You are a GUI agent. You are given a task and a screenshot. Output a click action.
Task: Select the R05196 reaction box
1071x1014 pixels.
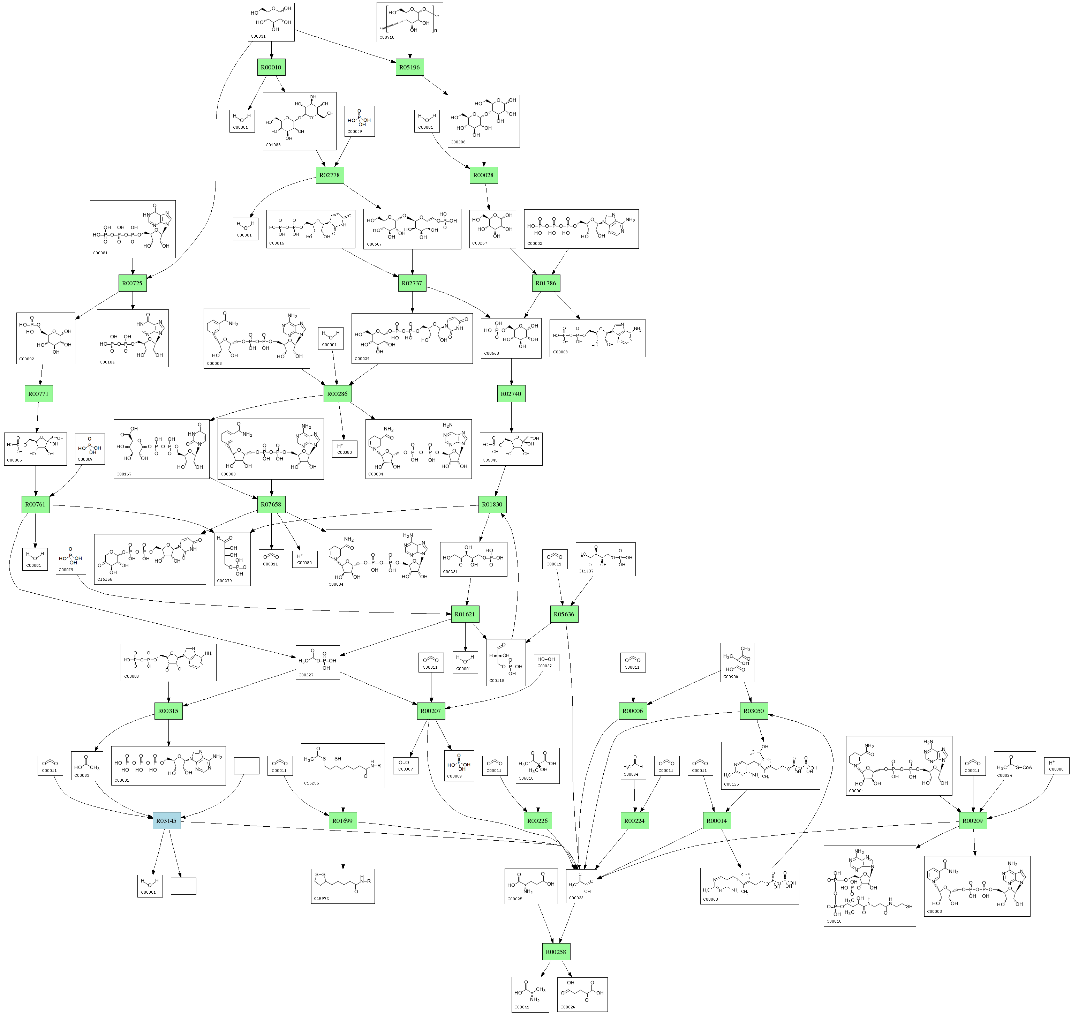click(409, 68)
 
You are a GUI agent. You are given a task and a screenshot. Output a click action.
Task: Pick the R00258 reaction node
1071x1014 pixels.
click(556, 952)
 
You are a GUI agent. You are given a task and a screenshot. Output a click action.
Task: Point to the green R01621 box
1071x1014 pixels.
click(465, 615)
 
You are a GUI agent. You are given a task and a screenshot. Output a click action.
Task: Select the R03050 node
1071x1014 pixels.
click(753, 711)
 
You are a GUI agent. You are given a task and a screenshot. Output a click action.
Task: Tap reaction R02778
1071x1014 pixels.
click(330, 175)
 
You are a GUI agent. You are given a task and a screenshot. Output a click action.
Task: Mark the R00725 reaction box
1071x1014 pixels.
click(133, 283)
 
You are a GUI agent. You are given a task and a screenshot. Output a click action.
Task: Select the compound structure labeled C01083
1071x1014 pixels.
click(299, 121)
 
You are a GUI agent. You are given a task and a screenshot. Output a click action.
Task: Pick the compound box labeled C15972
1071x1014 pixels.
click(342, 886)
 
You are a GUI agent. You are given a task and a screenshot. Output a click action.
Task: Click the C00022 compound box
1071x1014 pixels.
click(581, 885)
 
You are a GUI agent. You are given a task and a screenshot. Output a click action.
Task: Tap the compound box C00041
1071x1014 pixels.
click(530, 994)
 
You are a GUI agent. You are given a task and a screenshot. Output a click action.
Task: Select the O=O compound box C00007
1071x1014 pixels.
click(405, 766)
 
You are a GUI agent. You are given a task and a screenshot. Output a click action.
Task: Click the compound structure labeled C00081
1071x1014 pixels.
click(133, 229)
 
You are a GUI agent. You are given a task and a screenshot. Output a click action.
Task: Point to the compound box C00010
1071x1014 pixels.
click(869, 886)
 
